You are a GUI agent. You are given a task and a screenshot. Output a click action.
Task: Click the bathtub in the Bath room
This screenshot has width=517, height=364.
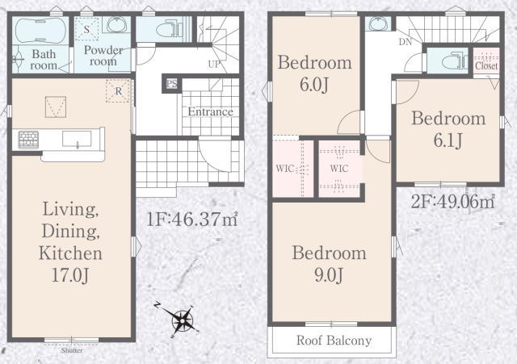pos(40,31)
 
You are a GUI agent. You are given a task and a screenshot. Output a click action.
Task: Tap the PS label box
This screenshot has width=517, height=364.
pos(171,84)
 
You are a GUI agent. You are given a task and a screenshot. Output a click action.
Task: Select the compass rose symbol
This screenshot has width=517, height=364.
pos(182,320)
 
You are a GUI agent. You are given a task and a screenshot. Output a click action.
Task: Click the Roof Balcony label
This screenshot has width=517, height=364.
pos(334,341)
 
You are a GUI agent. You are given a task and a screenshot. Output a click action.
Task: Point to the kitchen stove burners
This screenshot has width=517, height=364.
pos(28,140)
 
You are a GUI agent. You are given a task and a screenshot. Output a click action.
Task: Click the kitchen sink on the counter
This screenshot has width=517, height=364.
pos(77,138)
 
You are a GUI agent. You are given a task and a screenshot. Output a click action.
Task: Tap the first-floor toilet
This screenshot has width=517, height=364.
pos(169,30)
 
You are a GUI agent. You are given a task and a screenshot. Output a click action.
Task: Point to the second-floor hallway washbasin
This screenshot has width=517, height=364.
pos(379,24)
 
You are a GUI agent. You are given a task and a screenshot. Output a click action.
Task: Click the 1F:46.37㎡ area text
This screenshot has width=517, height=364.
pos(192,220)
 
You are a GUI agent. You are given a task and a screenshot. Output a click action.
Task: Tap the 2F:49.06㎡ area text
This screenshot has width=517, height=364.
pos(452,202)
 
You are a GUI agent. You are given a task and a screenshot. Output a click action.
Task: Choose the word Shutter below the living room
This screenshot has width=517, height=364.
pos(72,350)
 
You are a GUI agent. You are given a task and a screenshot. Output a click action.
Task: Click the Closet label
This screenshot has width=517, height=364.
pos(486,66)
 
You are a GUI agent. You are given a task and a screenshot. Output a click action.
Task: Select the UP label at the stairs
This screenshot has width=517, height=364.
pos(214,65)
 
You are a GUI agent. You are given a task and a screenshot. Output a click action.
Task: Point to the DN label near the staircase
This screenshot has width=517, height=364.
pos(406,42)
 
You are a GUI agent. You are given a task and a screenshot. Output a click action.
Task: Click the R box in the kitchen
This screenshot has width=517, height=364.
pos(119,90)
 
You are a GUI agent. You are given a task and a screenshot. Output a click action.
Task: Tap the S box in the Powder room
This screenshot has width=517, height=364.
pos(86,29)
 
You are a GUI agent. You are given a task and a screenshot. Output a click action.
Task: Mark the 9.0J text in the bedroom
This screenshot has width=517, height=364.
pos(329,274)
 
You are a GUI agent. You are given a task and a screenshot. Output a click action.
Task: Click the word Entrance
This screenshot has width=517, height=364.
pos(210,111)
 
